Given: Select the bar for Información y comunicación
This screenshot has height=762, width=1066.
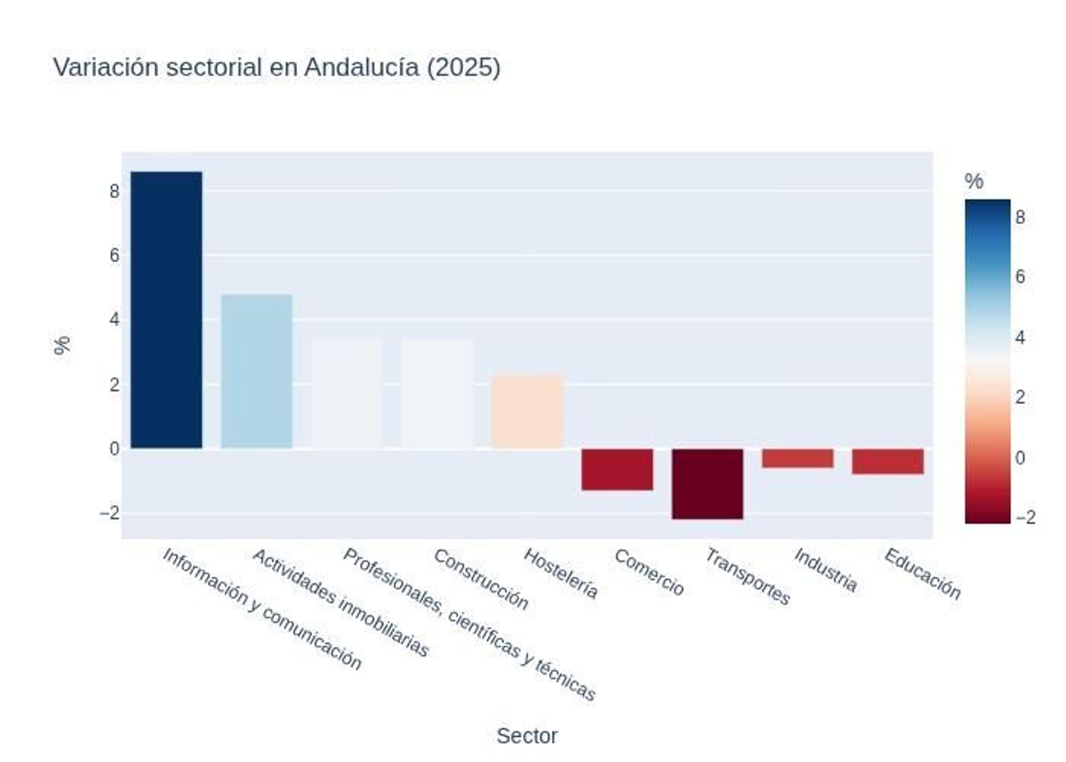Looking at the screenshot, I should coord(166,310).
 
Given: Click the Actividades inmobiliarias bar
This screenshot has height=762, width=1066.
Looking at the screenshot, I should coord(257,371).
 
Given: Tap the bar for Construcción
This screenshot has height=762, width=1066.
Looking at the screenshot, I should coord(437,394).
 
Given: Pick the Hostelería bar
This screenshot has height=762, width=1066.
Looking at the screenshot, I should coord(527,411).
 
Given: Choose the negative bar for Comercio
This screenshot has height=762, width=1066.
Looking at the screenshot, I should coord(617,469).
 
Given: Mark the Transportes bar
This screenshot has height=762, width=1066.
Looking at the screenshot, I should coord(707,483).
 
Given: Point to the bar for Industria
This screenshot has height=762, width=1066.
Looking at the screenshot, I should coord(798,458).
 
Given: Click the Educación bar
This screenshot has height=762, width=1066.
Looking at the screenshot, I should coord(887,461).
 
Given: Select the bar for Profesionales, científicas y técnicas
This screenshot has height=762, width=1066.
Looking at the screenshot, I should coord(346,394).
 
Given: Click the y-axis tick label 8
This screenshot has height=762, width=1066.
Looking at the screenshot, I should coord(115,192).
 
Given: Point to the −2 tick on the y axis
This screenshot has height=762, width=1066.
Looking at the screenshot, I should coord(110,513).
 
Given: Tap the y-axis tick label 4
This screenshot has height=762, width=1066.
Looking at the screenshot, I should coord(115,320).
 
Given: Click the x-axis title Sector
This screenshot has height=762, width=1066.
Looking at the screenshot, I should coord(526,736).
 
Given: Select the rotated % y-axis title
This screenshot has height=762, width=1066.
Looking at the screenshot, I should coord(62,345).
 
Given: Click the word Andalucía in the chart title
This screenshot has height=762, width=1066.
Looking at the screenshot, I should coord(362,67).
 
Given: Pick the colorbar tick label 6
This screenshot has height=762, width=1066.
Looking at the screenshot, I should coord(1020,277).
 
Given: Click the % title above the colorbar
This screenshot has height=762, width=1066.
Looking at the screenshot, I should coord(973,181).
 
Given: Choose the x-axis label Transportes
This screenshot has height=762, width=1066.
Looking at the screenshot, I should coord(748,577).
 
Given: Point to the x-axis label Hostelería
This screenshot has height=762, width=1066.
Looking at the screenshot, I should coord(561,573).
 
